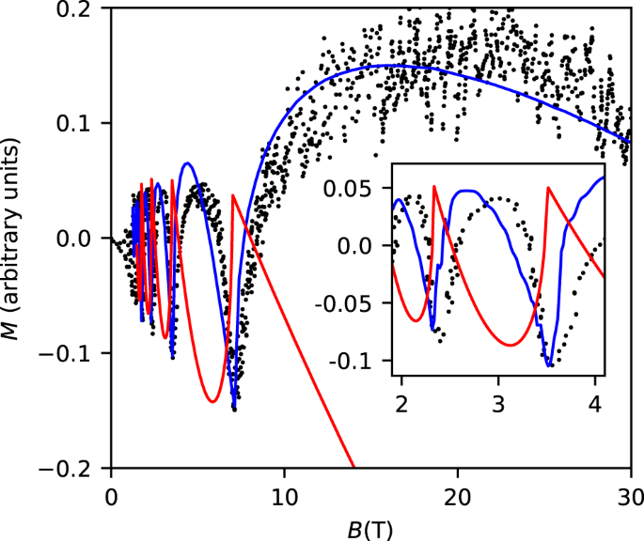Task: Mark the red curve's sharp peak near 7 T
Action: click(231, 194)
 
